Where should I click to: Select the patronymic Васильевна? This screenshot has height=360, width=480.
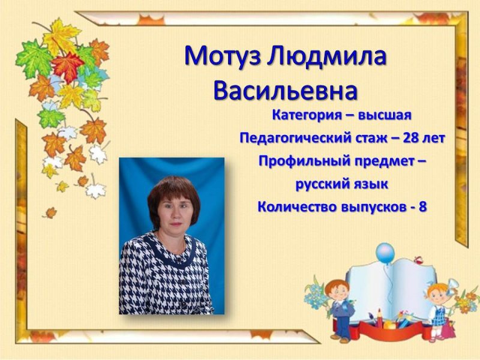[x=285, y=91]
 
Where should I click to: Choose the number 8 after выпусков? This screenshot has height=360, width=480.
[x=423, y=207]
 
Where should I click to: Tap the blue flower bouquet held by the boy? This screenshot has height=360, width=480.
[x=314, y=295]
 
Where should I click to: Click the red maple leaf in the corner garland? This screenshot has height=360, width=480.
[x=67, y=65]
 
